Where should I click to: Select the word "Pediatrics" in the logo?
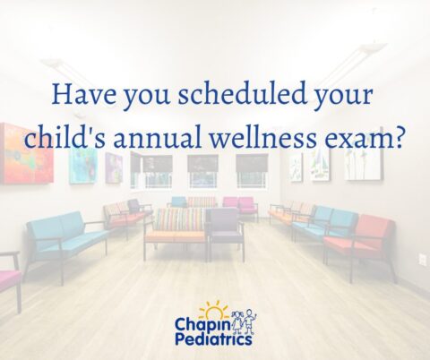(214, 339)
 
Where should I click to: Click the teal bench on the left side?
(63, 236)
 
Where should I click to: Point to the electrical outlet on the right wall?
(422, 259)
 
